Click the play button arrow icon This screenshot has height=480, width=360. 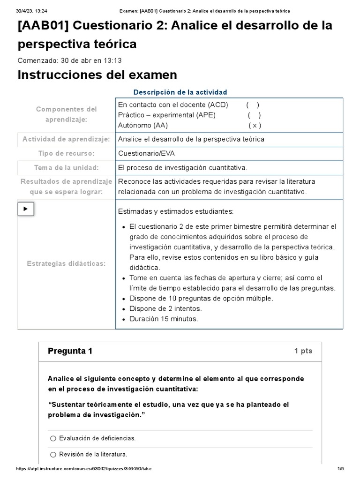[x=25, y=209]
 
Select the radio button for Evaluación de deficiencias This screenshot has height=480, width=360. [x=53, y=438]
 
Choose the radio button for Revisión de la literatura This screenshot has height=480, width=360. [x=53, y=454]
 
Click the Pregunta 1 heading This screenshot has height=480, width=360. [x=70, y=351]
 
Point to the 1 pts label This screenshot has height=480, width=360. [x=303, y=351]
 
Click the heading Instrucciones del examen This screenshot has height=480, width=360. [x=97, y=75]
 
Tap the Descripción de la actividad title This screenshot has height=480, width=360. [x=180, y=92]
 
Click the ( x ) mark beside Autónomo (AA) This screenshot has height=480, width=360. [x=255, y=125]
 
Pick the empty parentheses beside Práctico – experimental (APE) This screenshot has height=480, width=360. [x=255, y=115]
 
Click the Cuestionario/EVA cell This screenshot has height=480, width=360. [x=147, y=153]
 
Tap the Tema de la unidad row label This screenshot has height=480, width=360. [x=66, y=168]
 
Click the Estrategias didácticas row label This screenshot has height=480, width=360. [x=66, y=263]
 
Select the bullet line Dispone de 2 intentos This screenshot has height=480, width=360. [x=165, y=308]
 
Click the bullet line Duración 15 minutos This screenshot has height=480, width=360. [x=164, y=319]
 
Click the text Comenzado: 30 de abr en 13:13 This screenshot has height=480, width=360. [x=69, y=60]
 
